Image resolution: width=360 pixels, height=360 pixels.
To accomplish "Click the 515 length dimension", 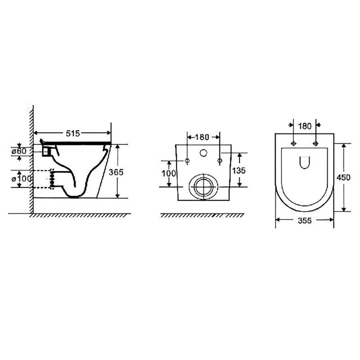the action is coord(72,133).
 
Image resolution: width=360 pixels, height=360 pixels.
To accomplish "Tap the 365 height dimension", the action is coord(116,172).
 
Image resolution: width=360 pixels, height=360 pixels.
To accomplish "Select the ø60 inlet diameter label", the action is coord(19,151).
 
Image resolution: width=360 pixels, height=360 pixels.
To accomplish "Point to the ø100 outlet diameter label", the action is coord(22,178).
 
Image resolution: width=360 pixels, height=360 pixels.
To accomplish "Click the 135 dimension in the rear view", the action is coord(239,171).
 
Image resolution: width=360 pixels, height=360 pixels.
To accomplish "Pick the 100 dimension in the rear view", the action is coord(169,173).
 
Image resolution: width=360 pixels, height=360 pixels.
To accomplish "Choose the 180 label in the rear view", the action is coord(202,137).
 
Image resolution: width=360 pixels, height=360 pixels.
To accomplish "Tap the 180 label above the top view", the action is coord(305,126).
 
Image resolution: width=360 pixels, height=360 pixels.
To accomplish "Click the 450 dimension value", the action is coord(343,177).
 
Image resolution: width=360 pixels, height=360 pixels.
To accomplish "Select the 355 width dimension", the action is coord(305,220).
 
